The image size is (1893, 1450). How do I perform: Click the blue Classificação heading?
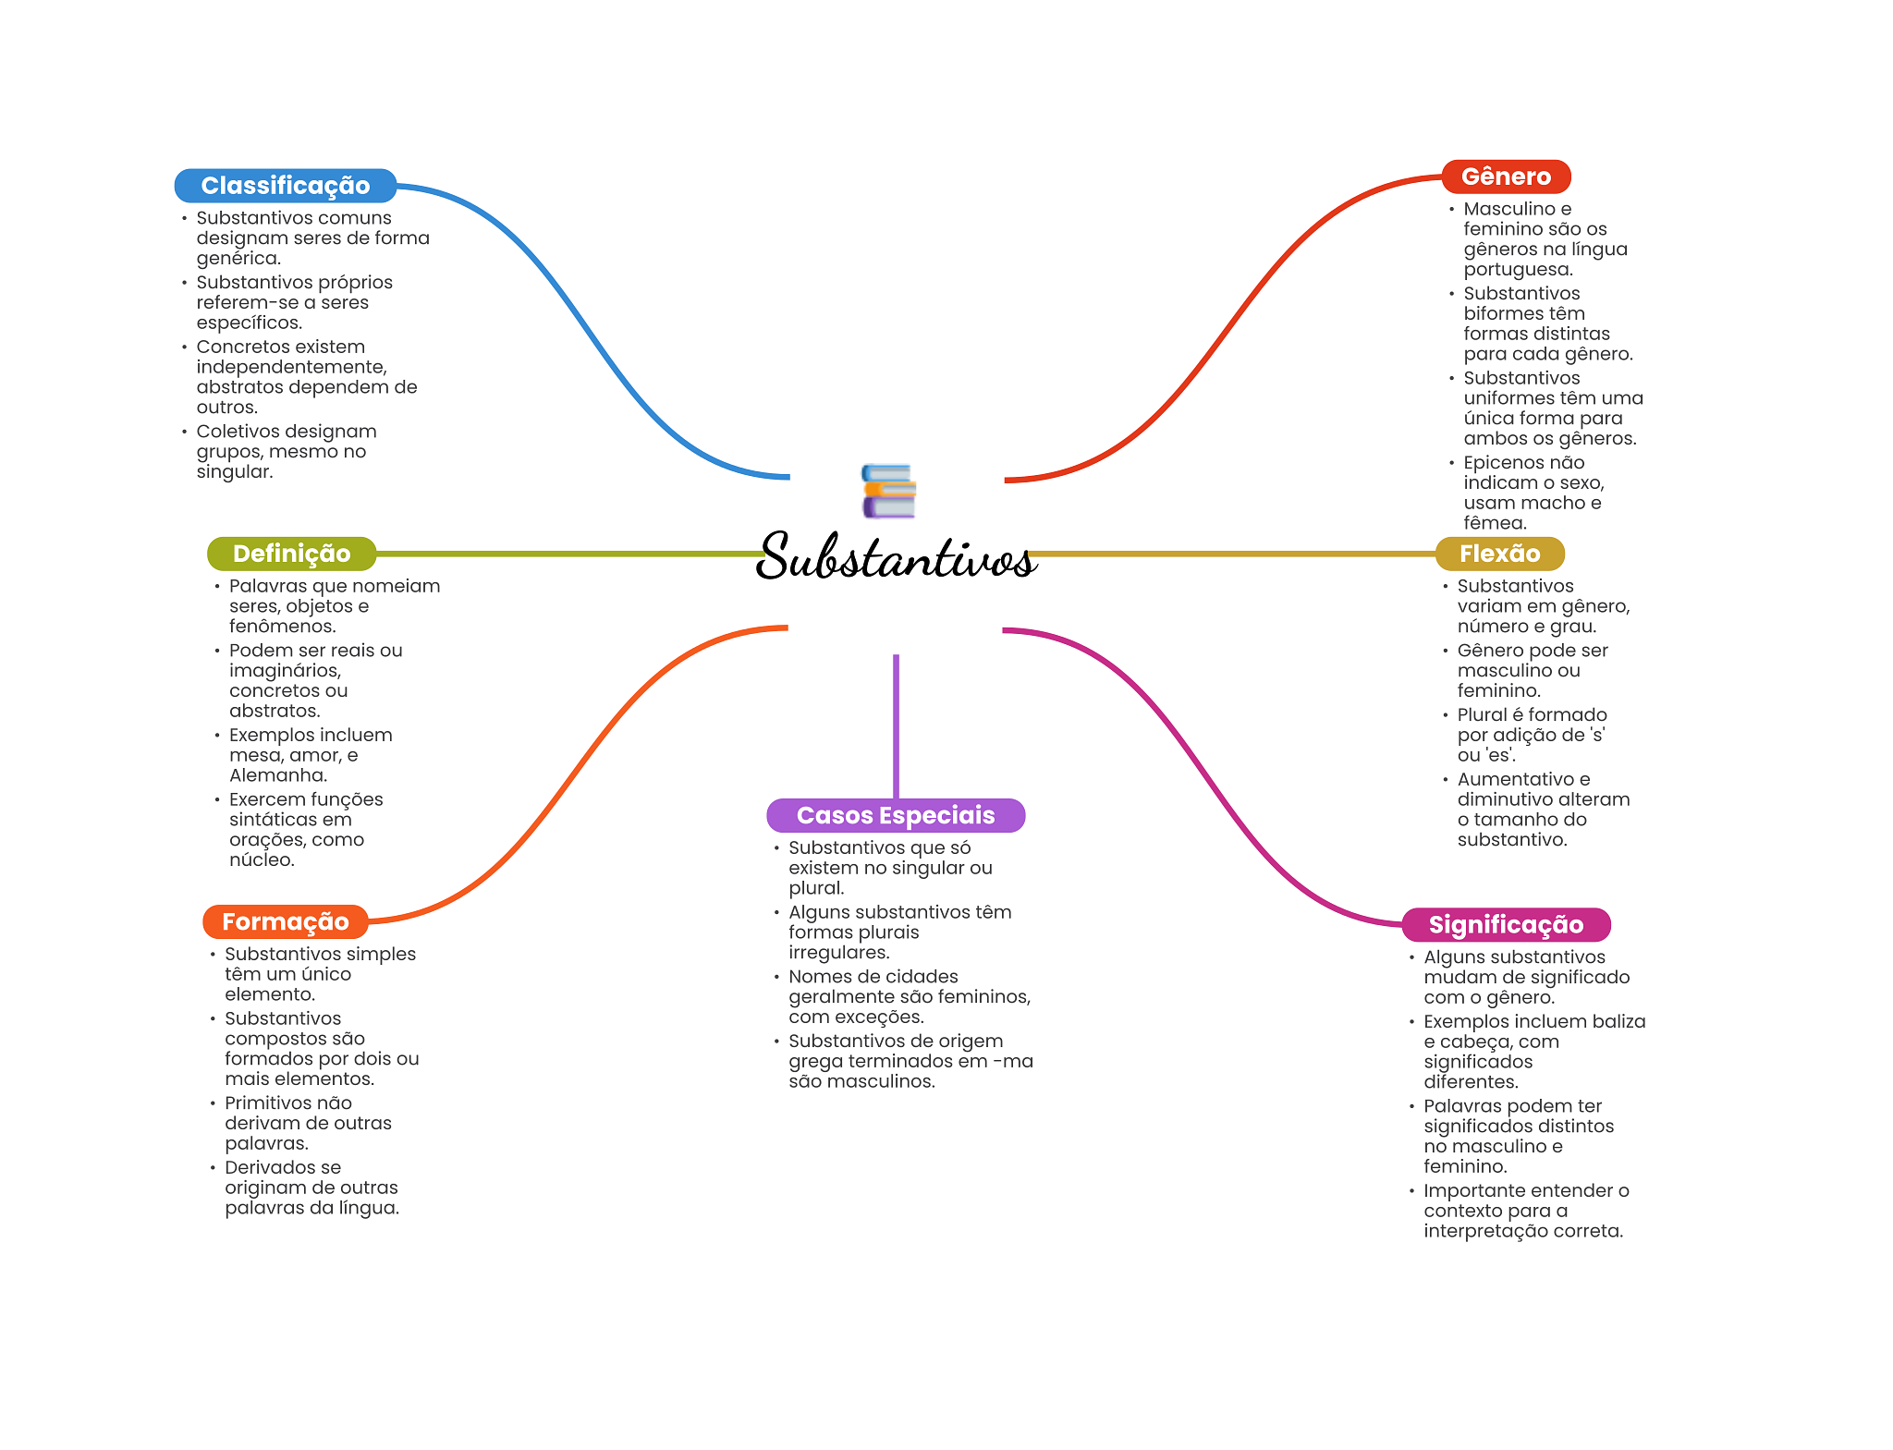286,186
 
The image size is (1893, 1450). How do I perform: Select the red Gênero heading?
1506,177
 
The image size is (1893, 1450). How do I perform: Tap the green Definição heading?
291,554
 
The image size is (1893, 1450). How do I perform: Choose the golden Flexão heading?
1499,554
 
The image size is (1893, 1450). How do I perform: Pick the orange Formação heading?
285,921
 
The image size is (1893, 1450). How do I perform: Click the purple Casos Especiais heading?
895,815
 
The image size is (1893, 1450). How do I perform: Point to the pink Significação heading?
1506,924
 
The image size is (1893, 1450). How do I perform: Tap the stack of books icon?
888,491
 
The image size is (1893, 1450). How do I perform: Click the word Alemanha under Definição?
277,775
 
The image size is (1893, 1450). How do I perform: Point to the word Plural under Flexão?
1480,714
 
